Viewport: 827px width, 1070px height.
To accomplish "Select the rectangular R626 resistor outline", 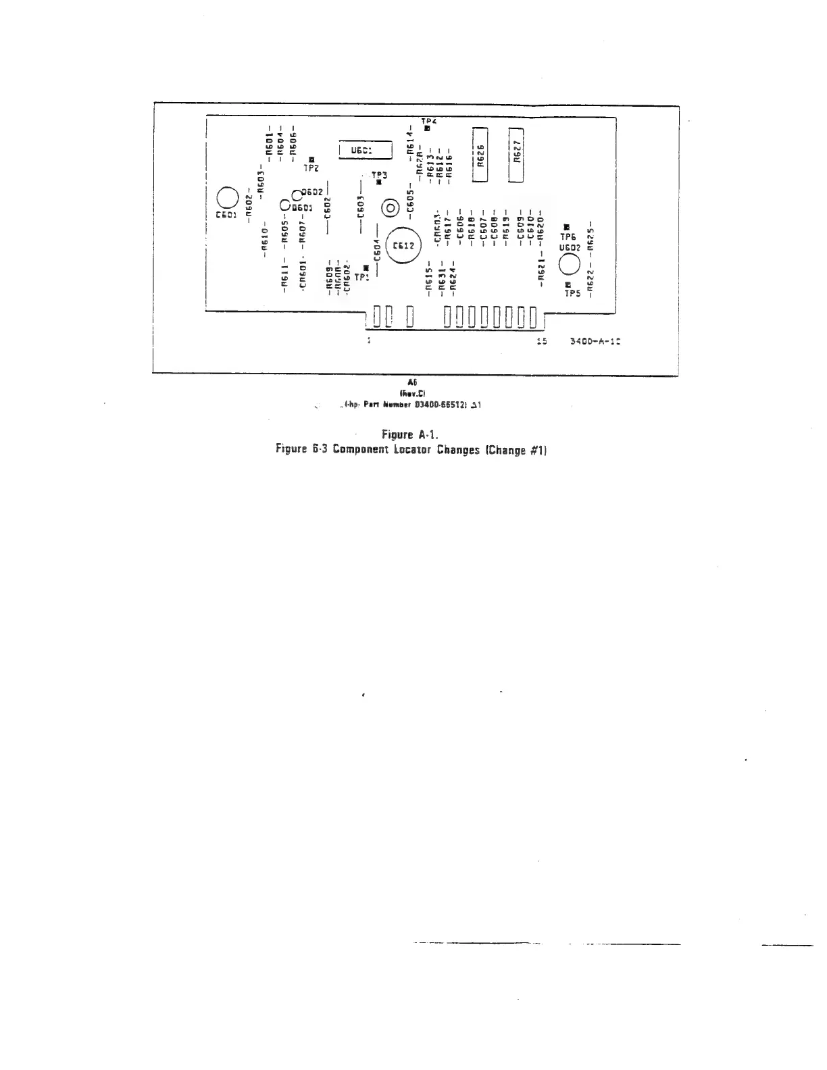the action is click(480, 155).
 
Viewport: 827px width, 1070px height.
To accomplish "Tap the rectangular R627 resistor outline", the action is click(516, 155).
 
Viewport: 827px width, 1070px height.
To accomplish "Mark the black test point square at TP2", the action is click(311, 159).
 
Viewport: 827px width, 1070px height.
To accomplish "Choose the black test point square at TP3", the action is click(379, 182).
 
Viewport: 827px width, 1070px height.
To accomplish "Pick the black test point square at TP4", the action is click(427, 128).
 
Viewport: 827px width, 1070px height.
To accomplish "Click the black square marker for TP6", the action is click(567, 228).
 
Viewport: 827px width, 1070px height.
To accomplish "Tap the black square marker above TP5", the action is click(568, 284).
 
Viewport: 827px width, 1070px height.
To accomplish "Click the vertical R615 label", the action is click(429, 279).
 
